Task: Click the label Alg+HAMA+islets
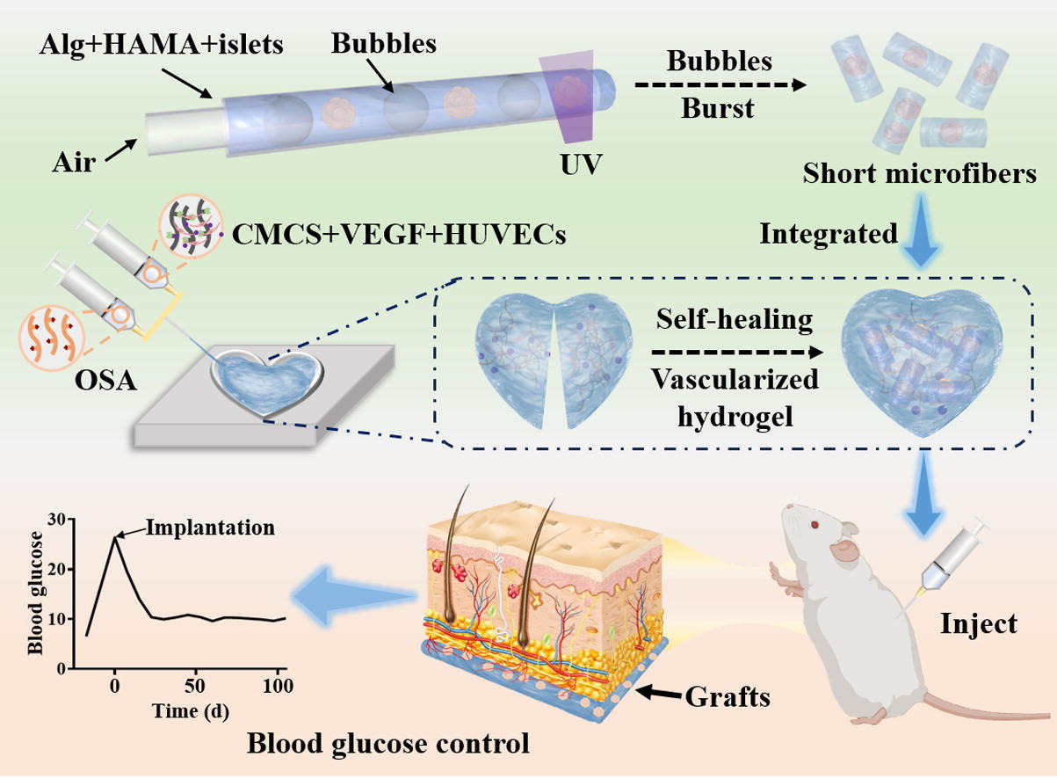tap(162, 45)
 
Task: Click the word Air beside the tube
tap(74, 163)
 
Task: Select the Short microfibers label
tap(919, 174)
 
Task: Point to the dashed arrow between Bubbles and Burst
tap(720, 86)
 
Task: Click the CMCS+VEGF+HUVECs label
tap(397, 235)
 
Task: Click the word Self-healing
tap(735, 319)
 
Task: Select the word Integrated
tap(829, 234)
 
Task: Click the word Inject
tap(978, 623)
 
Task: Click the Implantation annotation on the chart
tap(210, 528)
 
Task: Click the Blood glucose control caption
tap(387, 745)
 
